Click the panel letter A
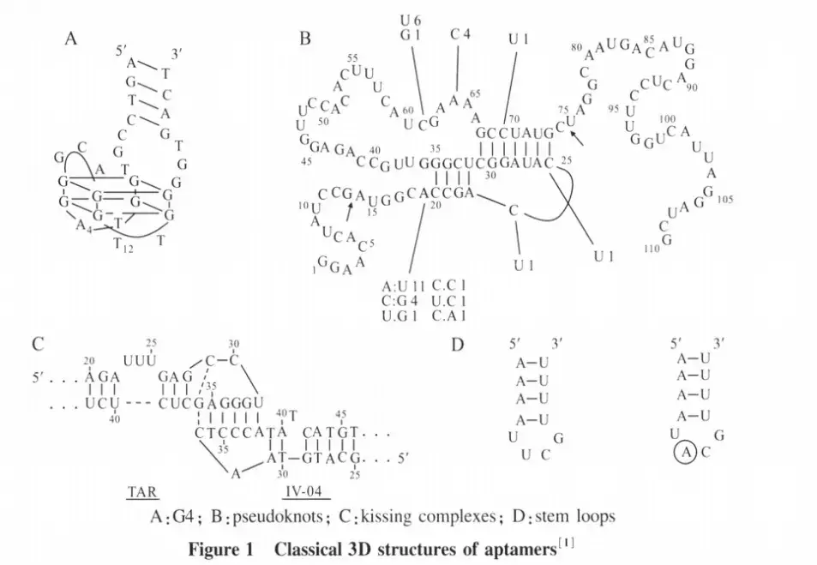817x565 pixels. pos(71,39)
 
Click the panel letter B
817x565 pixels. pos(305,39)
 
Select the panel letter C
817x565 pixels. pos(38,346)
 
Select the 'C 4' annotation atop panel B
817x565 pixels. pos(461,34)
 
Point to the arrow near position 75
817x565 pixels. pos(580,136)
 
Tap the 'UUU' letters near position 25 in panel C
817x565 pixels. pos(140,360)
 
